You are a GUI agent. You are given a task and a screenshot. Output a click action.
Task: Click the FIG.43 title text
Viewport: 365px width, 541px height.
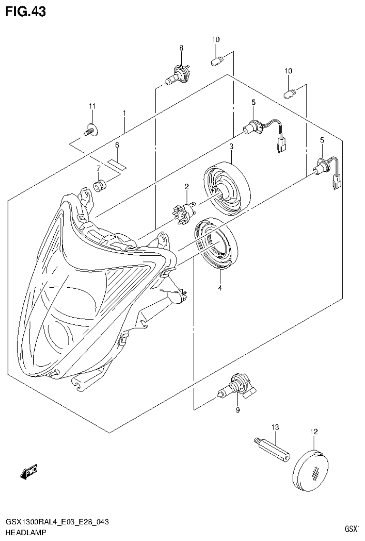pyautogui.click(x=26, y=12)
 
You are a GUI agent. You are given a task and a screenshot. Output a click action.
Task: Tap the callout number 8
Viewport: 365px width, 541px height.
pyautogui.click(x=181, y=48)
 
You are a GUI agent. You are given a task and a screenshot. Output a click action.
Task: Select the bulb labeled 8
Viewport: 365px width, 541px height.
pyautogui.click(x=178, y=77)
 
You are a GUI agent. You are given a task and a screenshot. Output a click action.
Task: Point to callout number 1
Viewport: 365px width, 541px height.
pyautogui.click(x=124, y=113)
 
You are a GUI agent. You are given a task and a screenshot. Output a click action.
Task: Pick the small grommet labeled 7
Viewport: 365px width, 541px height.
pyautogui.click(x=99, y=185)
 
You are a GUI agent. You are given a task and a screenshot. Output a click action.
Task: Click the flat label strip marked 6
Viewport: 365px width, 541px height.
pyautogui.click(x=116, y=164)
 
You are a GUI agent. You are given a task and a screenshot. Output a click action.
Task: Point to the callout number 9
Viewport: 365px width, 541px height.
pyautogui.click(x=237, y=410)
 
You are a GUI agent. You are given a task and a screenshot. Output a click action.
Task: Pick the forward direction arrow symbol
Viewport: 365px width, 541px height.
pyautogui.click(x=29, y=471)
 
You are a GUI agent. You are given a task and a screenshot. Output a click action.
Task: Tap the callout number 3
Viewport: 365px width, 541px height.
pyautogui.click(x=231, y=146)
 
